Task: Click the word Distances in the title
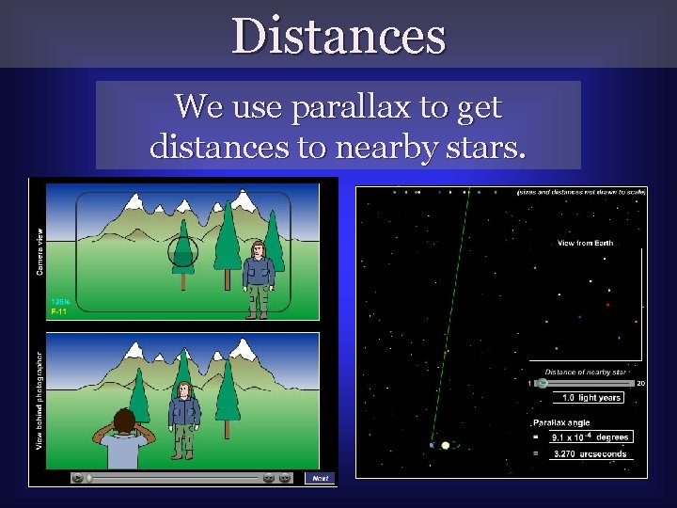pyautogui.click(x=338, y=36)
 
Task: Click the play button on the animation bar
pyautogui.click(x=77, y=478)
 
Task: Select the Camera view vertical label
pyautogui.click(x=39, y=251)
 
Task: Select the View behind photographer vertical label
pyautogui.click(x=39, y=400)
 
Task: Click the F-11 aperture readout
pyautogui.click(x=58, y=310)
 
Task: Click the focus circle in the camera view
pyautogui.click(x=183, y=252)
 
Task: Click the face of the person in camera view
pyautogui.click(x=257, y=251)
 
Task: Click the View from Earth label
pyautogui.click(x=585, y=243)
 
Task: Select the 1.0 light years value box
pyautogui.click(x=591, y=398)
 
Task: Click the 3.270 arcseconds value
pyautogui.click(x=591, y=453)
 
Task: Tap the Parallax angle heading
pyautogui.click(x=564, y=423)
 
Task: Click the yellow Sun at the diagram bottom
pyautogui.click(x=446, y=445)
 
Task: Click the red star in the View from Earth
pyautogui.click(x=608, y=305)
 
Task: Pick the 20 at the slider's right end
pyautogui.click(x=640, y=383)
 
